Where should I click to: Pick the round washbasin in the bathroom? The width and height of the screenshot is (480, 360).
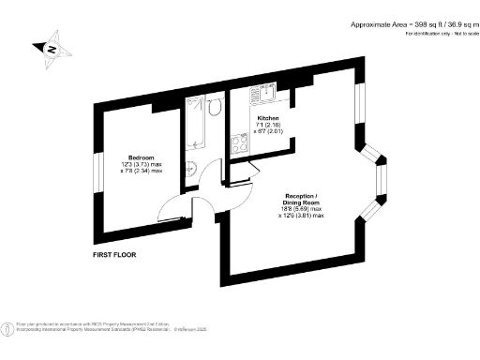click(190, 169)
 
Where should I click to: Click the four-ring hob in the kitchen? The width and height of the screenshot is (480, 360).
click(237, 144)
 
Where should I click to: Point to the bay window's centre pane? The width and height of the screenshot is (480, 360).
click(381, 175)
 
